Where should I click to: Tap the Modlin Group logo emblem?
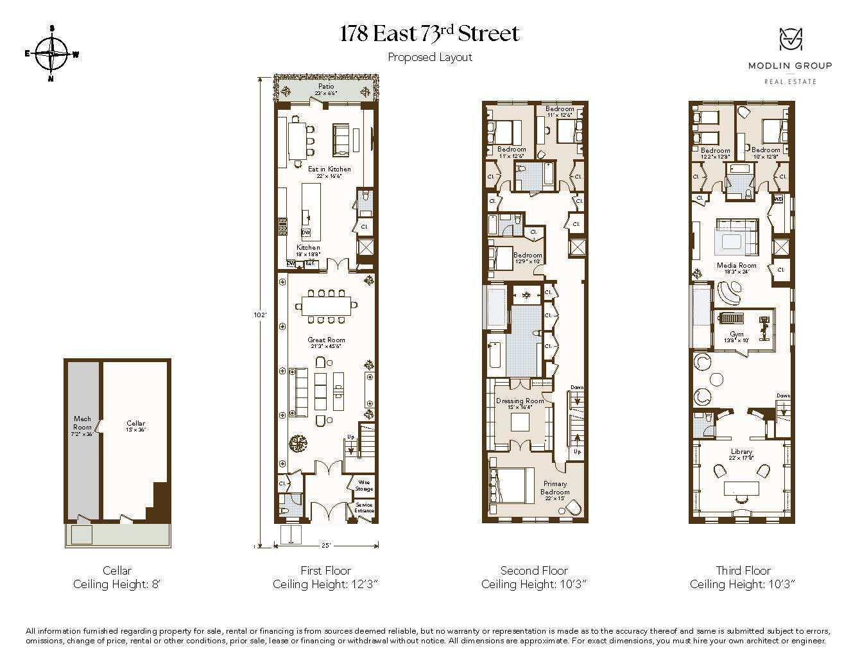[790, 40]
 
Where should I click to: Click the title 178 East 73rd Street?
[429, 33]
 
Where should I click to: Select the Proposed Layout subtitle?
[429, 57]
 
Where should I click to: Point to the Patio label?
[326, 86]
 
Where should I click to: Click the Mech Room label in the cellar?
[82, 422]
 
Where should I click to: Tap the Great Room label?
[326, 340]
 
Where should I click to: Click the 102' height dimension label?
[260, 315]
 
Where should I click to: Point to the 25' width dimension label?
[326, 546]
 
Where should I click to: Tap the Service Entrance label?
[364, 507]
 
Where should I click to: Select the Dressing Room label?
[520, 401]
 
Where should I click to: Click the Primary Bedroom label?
[555, 487]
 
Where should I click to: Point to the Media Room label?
[737, 265]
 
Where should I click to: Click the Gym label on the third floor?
[737, 334]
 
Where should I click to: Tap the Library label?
[741, 452]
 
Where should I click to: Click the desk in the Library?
[741, 489]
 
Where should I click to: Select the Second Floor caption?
[534, 570]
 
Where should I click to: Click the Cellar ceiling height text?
[117, 584]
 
